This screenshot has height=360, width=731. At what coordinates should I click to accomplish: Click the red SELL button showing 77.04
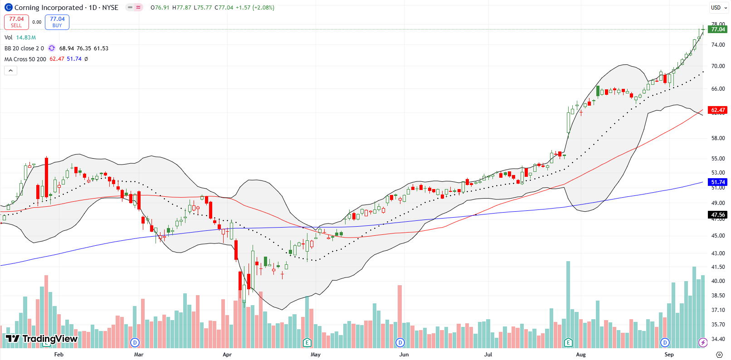16,22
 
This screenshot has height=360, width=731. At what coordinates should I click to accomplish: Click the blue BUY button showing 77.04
57,22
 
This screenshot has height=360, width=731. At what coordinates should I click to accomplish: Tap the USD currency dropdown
719,7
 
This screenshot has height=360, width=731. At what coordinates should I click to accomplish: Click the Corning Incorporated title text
49,7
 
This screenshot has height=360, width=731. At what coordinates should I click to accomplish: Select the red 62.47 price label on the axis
718,110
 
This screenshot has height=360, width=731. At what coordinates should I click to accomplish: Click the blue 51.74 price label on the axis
718,182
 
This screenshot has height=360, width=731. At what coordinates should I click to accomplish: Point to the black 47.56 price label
718,215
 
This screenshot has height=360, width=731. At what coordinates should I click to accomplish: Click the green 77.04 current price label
718,29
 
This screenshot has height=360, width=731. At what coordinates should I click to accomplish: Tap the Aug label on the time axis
580,355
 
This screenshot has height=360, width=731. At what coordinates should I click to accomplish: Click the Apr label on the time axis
227,355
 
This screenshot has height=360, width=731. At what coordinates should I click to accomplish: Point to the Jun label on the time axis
404,355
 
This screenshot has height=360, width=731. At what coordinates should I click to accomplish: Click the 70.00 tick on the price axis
718,66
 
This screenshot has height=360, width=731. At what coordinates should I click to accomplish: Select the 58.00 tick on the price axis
718,138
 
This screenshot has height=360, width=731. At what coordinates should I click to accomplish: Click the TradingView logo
42,339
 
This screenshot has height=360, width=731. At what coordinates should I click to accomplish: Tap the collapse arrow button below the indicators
10,70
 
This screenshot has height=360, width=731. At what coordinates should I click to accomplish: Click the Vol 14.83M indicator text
20,38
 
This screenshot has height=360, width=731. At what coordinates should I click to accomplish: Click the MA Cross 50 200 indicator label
25,59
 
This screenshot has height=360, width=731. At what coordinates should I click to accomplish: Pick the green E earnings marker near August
568,342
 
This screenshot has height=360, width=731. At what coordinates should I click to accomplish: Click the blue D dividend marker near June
400,342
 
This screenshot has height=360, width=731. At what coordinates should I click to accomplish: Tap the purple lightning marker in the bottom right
703,342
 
